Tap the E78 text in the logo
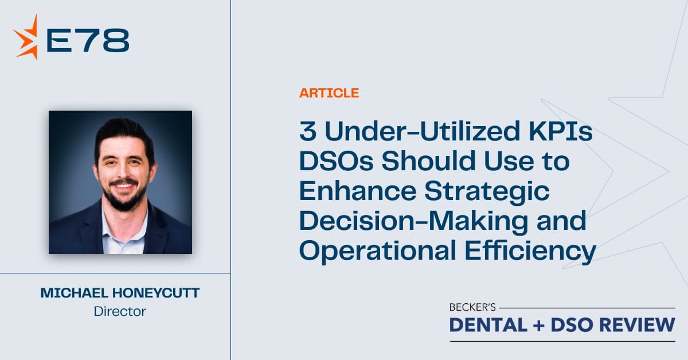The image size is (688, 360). [88, 40]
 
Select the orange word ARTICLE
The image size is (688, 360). [329, 93]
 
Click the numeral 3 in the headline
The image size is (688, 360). [308, 131]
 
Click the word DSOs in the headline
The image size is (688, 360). [336, 161]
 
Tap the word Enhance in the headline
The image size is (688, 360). [358, 191]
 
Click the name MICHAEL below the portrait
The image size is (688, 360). [75, 293]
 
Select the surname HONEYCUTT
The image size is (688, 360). [156, 293]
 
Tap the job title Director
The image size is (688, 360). [120, 311]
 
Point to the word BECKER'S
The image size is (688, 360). [472, 307]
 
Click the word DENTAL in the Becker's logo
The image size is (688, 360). [488, 324]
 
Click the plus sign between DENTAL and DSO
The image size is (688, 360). [539, 325]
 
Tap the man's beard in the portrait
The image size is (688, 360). [124, 198]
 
